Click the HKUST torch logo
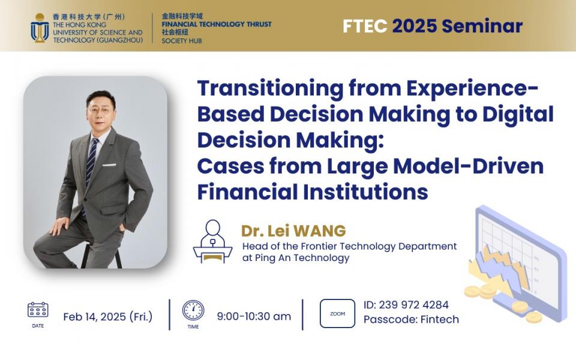[x=40, y=28]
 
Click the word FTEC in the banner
[x=365, y=26]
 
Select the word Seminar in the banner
[x=482, y=26]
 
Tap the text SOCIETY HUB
[x=182, y=41]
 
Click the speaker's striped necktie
[x=91, y=161]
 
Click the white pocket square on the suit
[x=109, y=164]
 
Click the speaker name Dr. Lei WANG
[x=293, y=230]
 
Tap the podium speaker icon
[x=212, y=241]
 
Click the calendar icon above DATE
[x=38, y=310]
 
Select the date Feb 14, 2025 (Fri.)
[x=107, y=317]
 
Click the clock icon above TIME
[x=193, y=310]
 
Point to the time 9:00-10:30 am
[x=254, y=316]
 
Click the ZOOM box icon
[x=337, y=313]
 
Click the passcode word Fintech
[x=440, y=319]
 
